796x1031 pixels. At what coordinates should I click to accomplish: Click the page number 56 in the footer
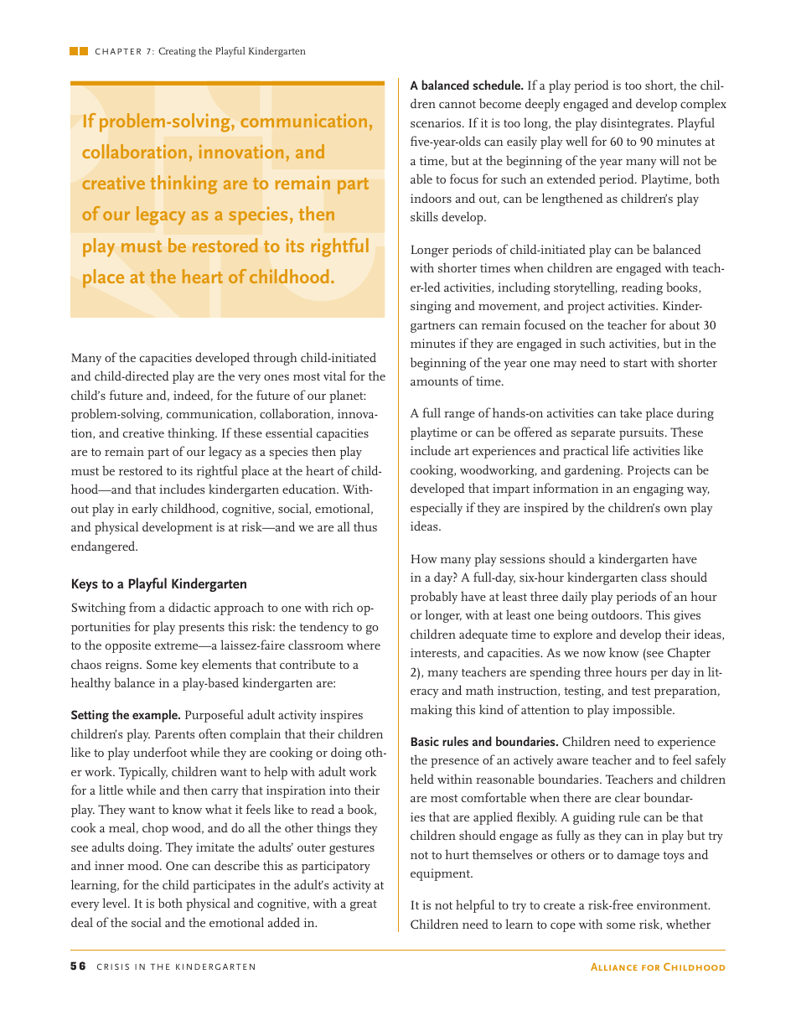78,966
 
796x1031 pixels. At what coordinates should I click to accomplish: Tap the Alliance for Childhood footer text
658,966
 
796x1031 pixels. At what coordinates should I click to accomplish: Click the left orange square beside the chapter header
74,51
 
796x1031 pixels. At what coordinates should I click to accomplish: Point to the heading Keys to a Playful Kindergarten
158,584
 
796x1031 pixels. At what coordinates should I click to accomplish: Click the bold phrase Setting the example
126,715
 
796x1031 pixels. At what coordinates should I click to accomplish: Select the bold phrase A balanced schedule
467,85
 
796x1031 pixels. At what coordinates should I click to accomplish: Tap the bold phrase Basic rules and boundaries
484,742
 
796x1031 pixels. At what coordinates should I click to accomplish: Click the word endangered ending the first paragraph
104,547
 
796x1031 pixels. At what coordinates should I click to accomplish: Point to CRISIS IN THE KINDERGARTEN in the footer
176,966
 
